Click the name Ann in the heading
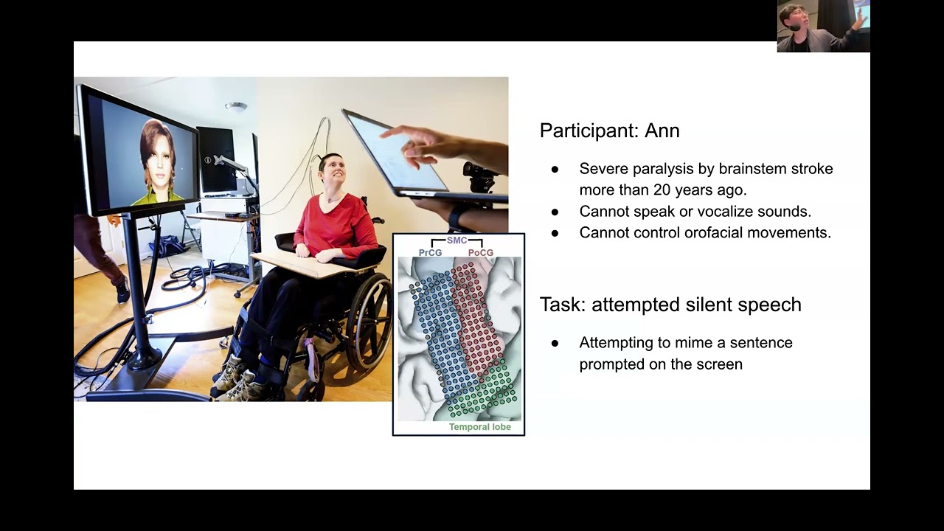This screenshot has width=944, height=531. (x=662, y=131)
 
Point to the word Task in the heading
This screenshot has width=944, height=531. (x=563, y=305)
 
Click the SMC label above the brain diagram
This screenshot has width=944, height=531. (x=457, y=240)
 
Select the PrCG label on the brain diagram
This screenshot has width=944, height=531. (x=430, y=252)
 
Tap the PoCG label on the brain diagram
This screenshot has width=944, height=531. (x=481, y=252)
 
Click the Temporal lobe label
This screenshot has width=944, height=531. (x=480, y=427)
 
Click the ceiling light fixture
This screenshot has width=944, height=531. (x=236, y=107)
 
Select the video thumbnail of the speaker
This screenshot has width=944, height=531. (x=824, y=26)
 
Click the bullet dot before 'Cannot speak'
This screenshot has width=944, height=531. (x=555, y=212)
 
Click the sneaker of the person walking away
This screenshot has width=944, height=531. (x=123, y=290)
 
